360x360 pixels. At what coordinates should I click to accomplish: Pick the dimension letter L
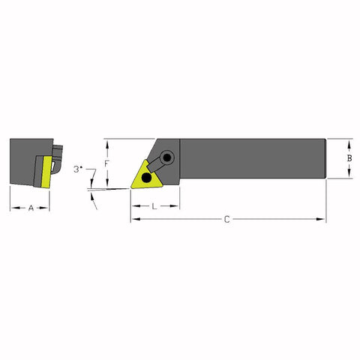154,205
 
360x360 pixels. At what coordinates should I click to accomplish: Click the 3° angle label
79,169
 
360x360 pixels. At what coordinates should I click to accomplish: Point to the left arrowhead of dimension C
133,219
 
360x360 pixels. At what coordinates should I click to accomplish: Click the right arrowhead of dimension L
178,205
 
